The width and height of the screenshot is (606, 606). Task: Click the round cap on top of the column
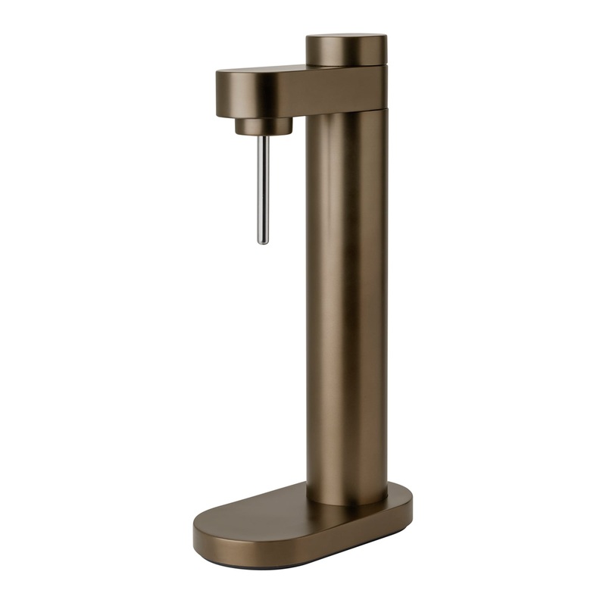(x=346, y=52)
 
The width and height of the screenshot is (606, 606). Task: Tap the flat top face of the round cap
(x=346, y=37)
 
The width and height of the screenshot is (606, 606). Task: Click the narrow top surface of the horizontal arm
(x=265, y=71)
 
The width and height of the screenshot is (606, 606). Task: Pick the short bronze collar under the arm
(x=263, y=126)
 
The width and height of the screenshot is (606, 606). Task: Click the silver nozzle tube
(x=262, y=189)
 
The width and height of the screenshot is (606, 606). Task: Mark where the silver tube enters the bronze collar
(x=262, y=136)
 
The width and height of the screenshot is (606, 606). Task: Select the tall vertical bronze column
(x=347, y=303)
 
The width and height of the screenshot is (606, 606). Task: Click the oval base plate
(x=303, y=523)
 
